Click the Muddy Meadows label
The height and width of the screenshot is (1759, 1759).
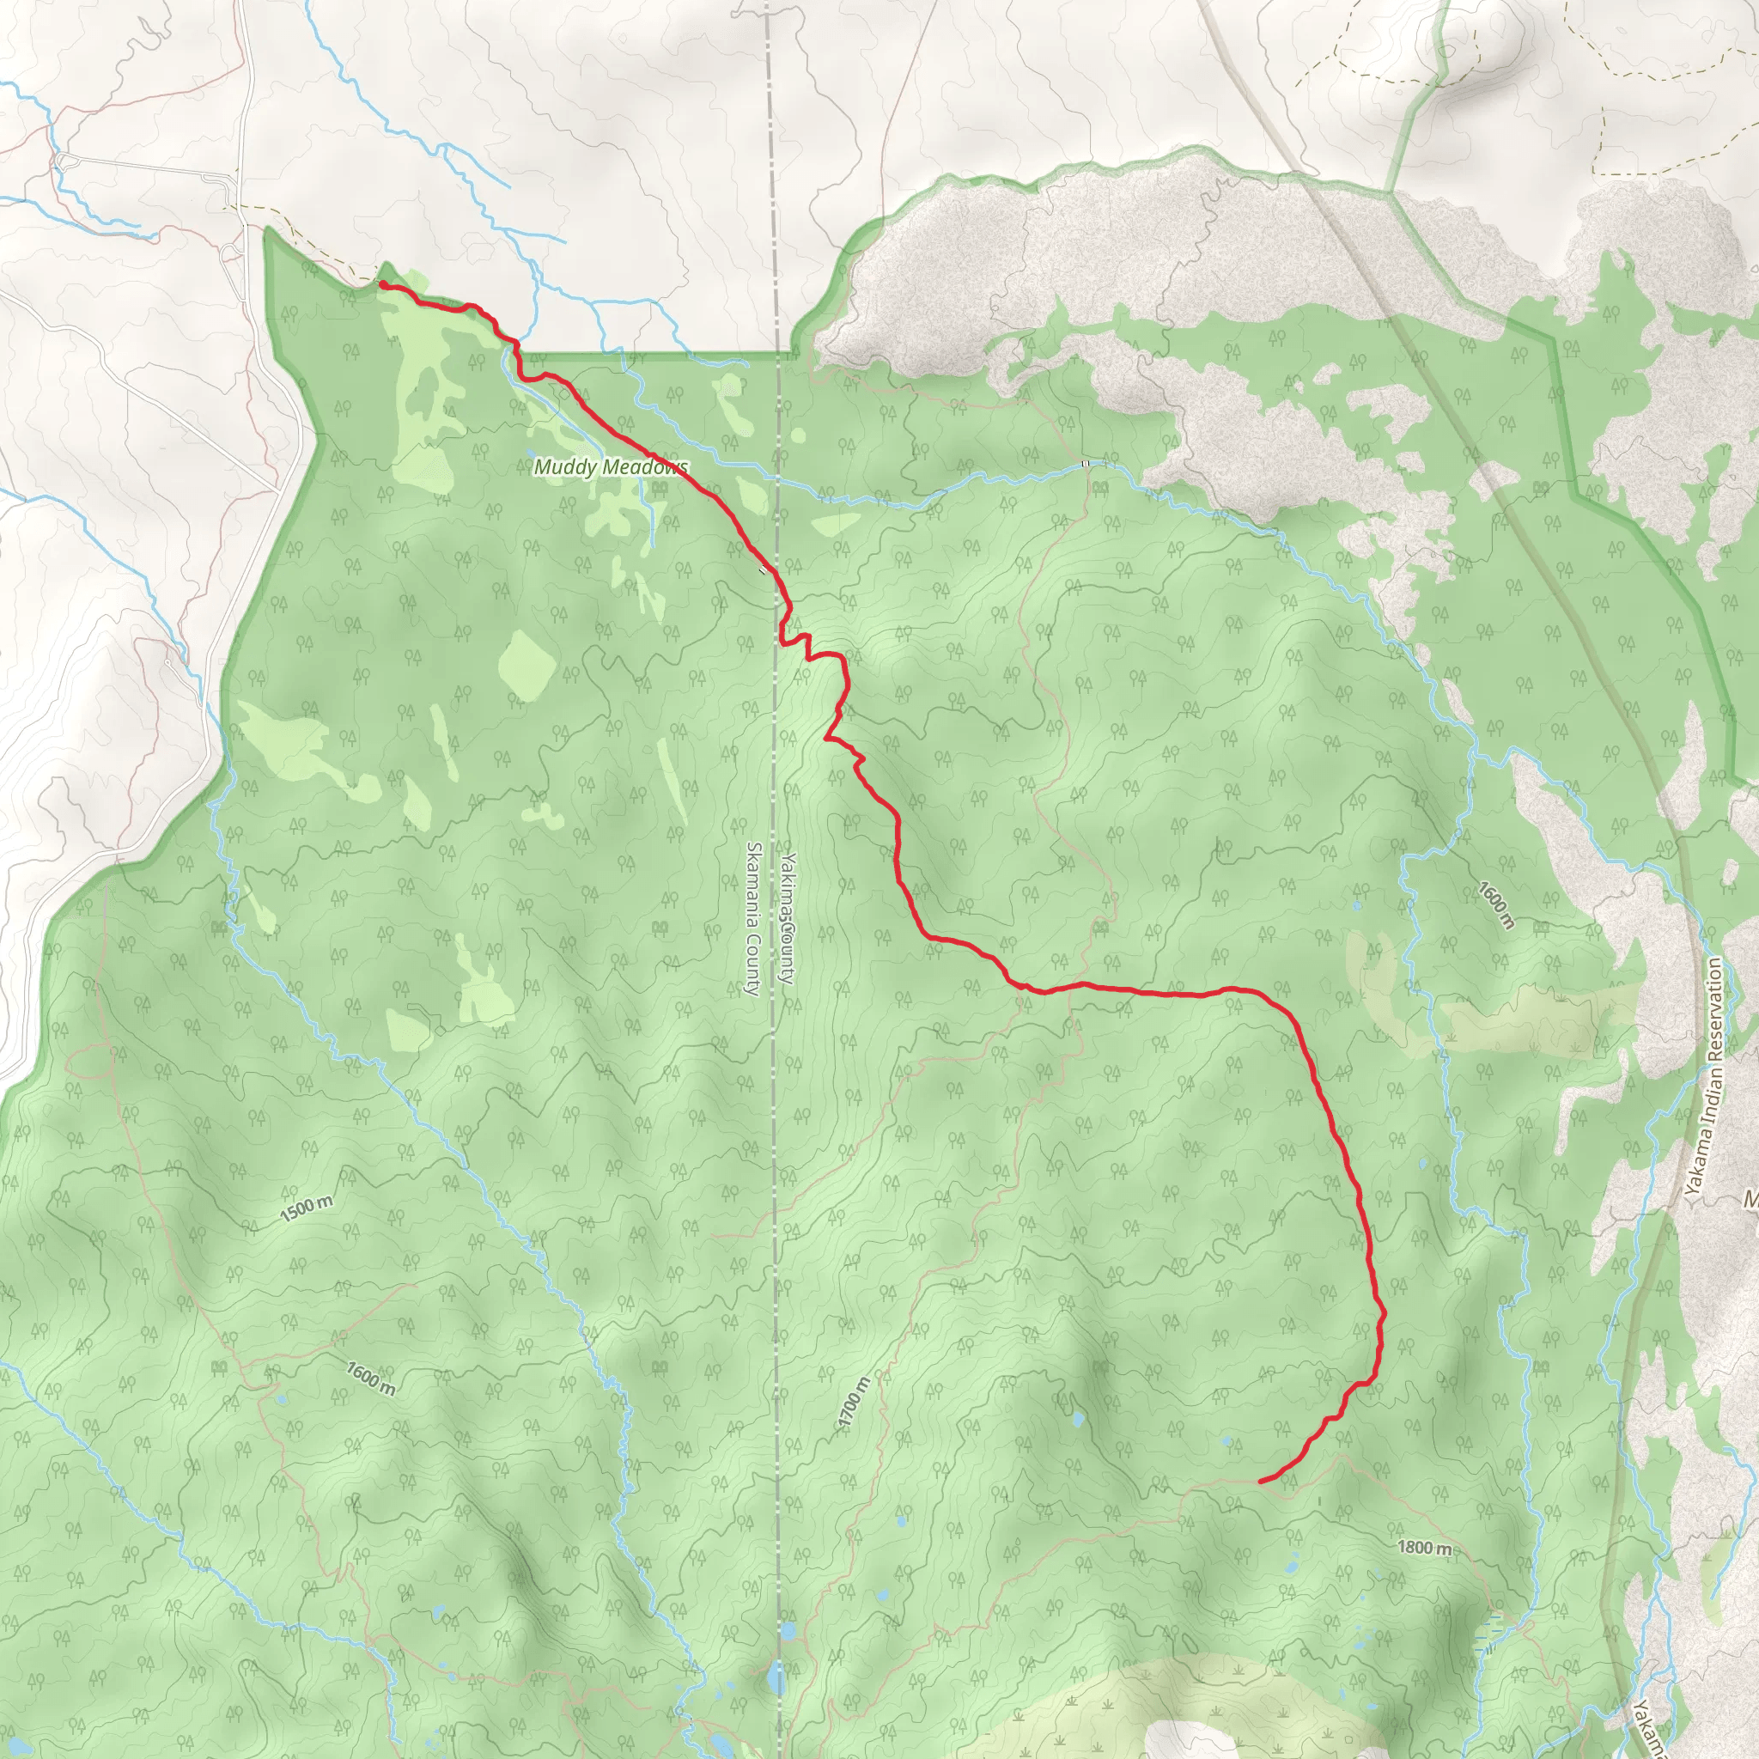610,468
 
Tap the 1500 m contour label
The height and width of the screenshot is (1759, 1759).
306,1209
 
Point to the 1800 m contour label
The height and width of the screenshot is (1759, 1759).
1424,1548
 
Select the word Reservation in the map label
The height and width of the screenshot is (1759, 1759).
1715,1012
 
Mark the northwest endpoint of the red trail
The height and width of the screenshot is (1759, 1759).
380,285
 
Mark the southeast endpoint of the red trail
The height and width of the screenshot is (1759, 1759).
1260,1482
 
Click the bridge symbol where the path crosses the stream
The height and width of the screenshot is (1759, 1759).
1086,465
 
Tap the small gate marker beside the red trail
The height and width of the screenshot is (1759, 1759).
762,572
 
